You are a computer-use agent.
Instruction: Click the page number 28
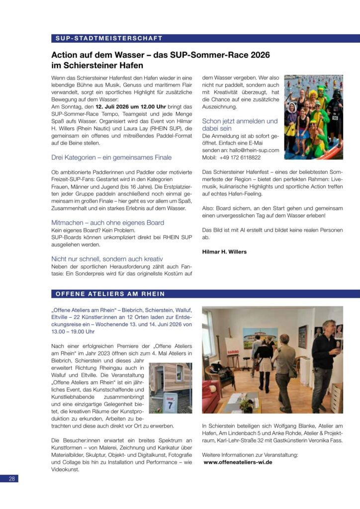[x=12, y=479]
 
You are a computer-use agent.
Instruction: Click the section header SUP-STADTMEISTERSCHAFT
[x=109, y=38]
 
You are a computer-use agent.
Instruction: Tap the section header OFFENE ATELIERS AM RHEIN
[x=110, y=294]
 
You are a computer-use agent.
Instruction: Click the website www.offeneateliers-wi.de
[x=238, y=462]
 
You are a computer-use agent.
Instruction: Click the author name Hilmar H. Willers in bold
[x=224, y=252]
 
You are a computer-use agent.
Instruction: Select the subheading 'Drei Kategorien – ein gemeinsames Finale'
[x=111, y=158]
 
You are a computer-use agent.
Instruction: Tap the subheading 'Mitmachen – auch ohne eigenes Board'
[x=107, y=223]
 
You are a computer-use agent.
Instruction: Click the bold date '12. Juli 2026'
[x=116, y=107]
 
